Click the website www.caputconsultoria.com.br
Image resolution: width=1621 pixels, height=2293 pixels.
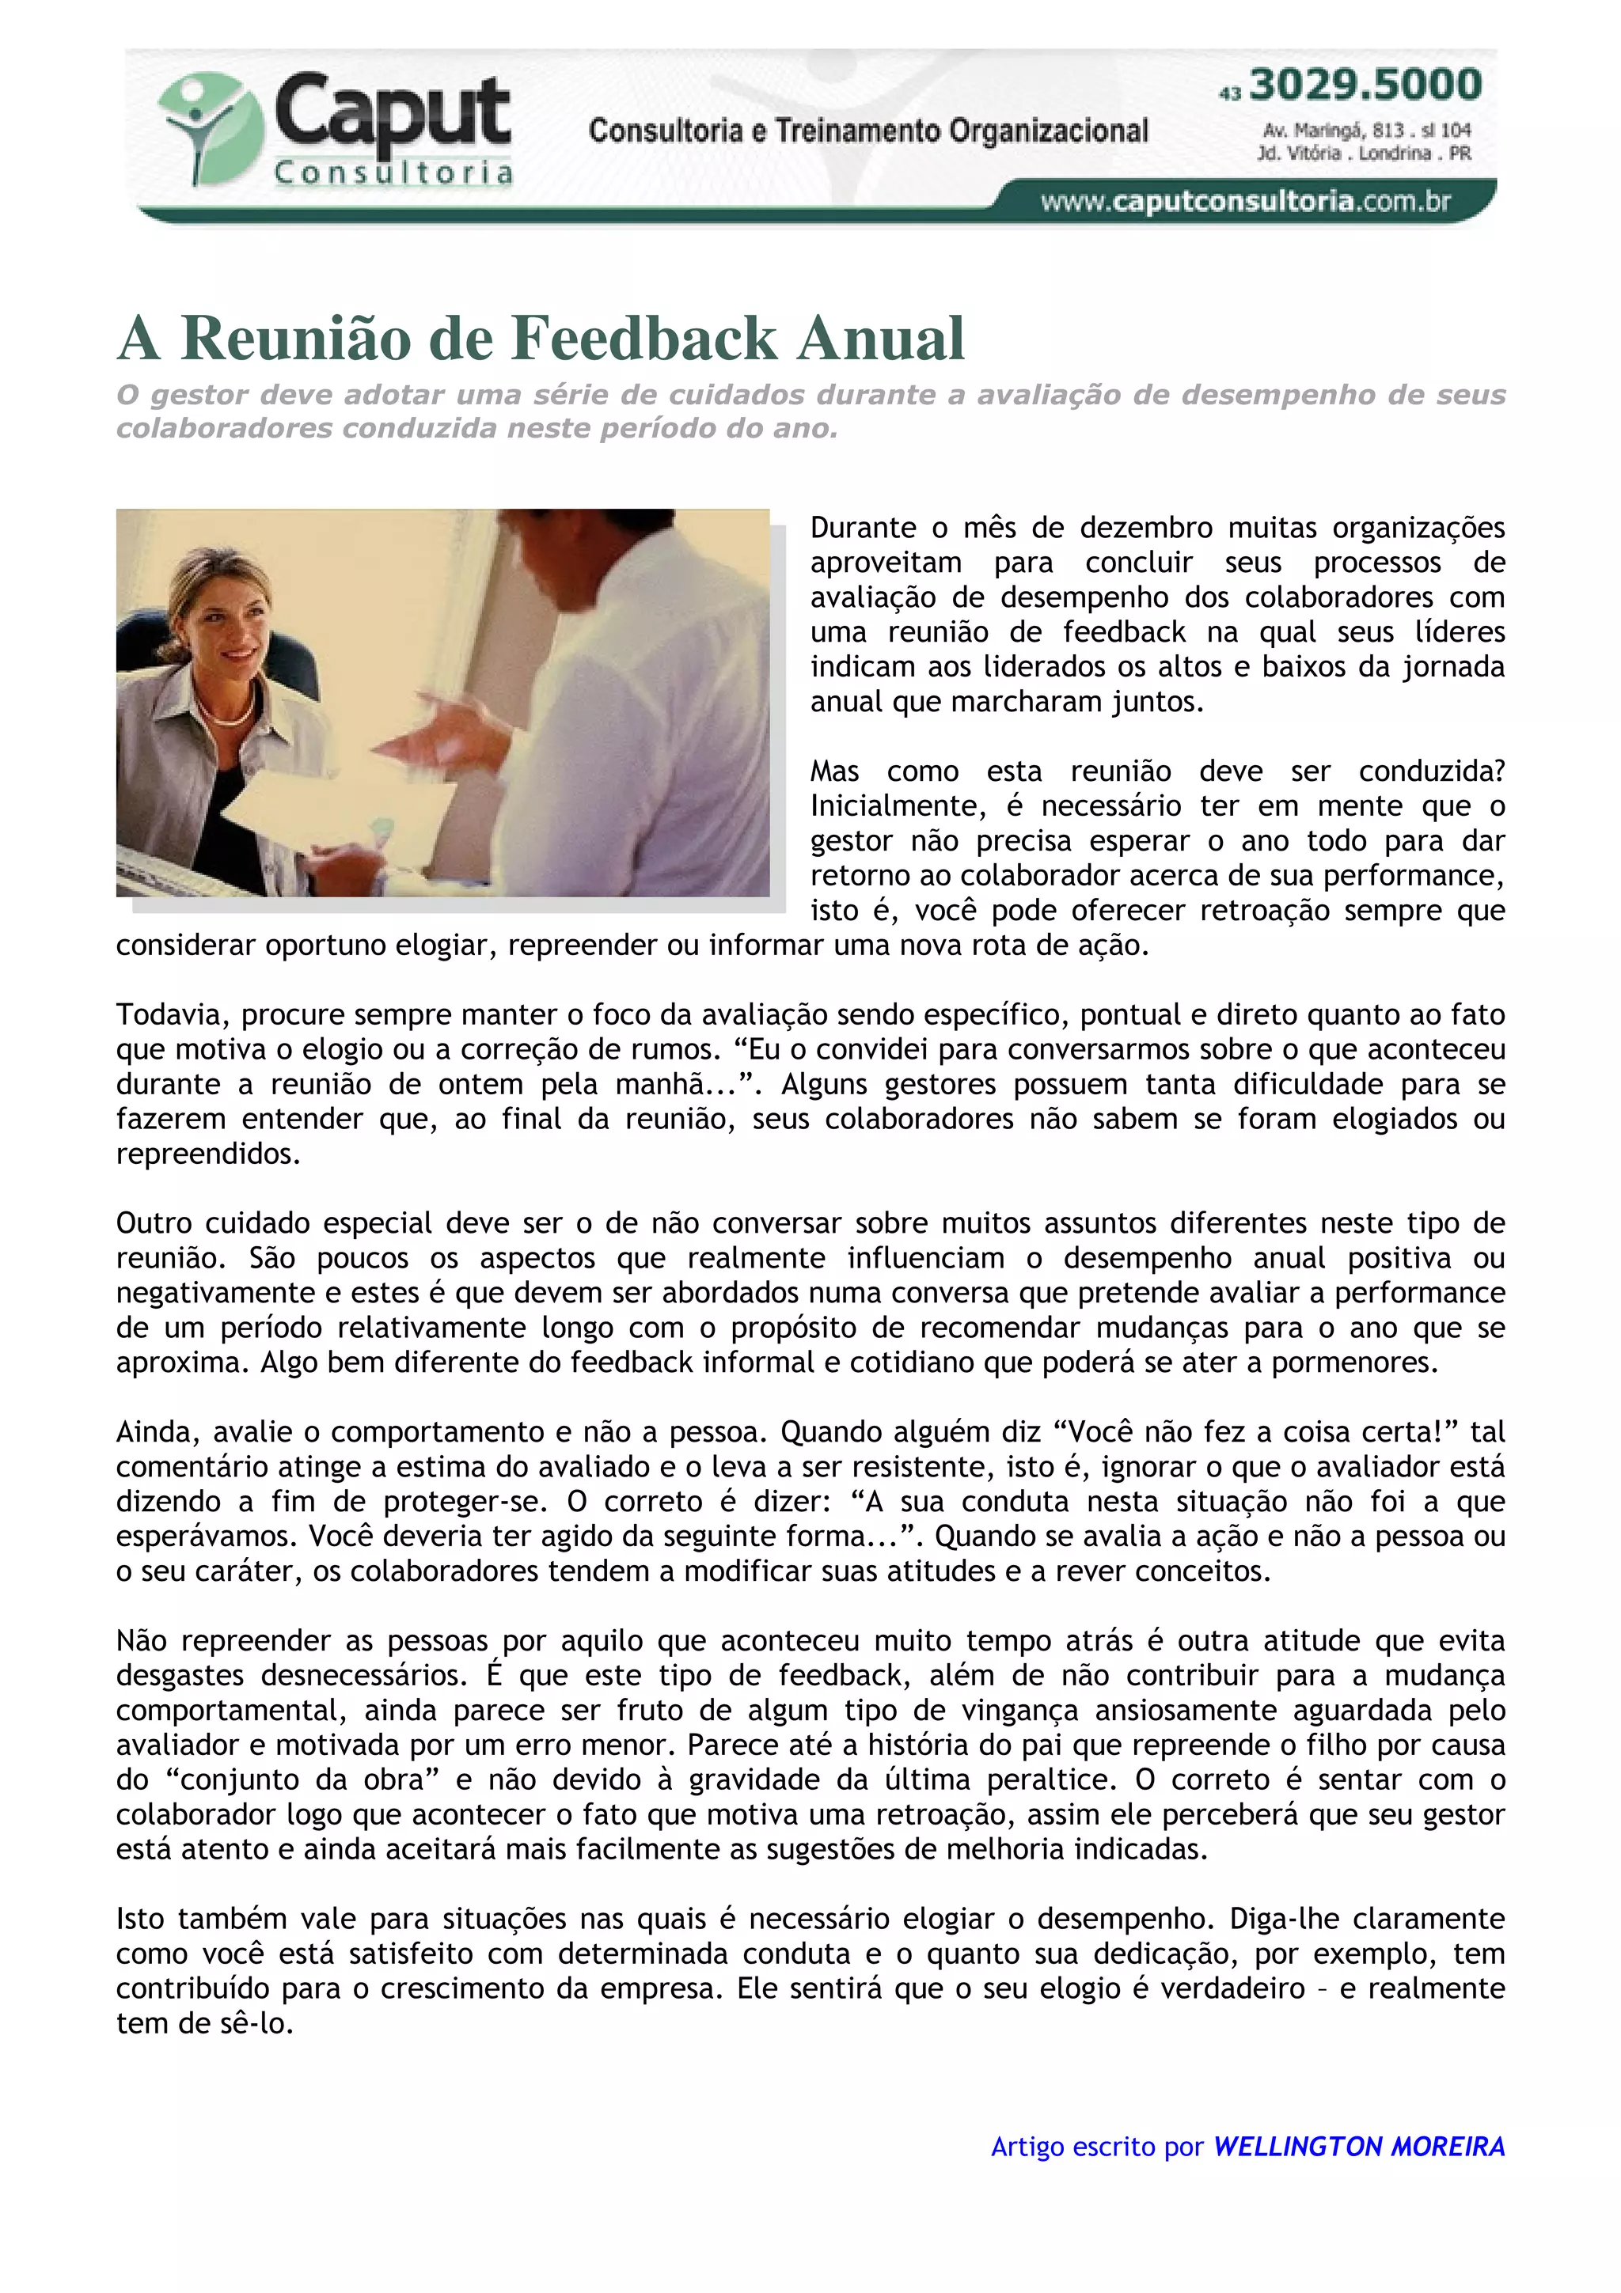(1244, 202)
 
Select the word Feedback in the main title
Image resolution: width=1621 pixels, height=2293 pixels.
(645, 338)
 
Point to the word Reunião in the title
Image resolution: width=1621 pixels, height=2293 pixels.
(296, 338)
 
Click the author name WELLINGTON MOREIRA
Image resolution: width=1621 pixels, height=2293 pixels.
(1358, 2146)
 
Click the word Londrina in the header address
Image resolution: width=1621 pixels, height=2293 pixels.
(1396, 153)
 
